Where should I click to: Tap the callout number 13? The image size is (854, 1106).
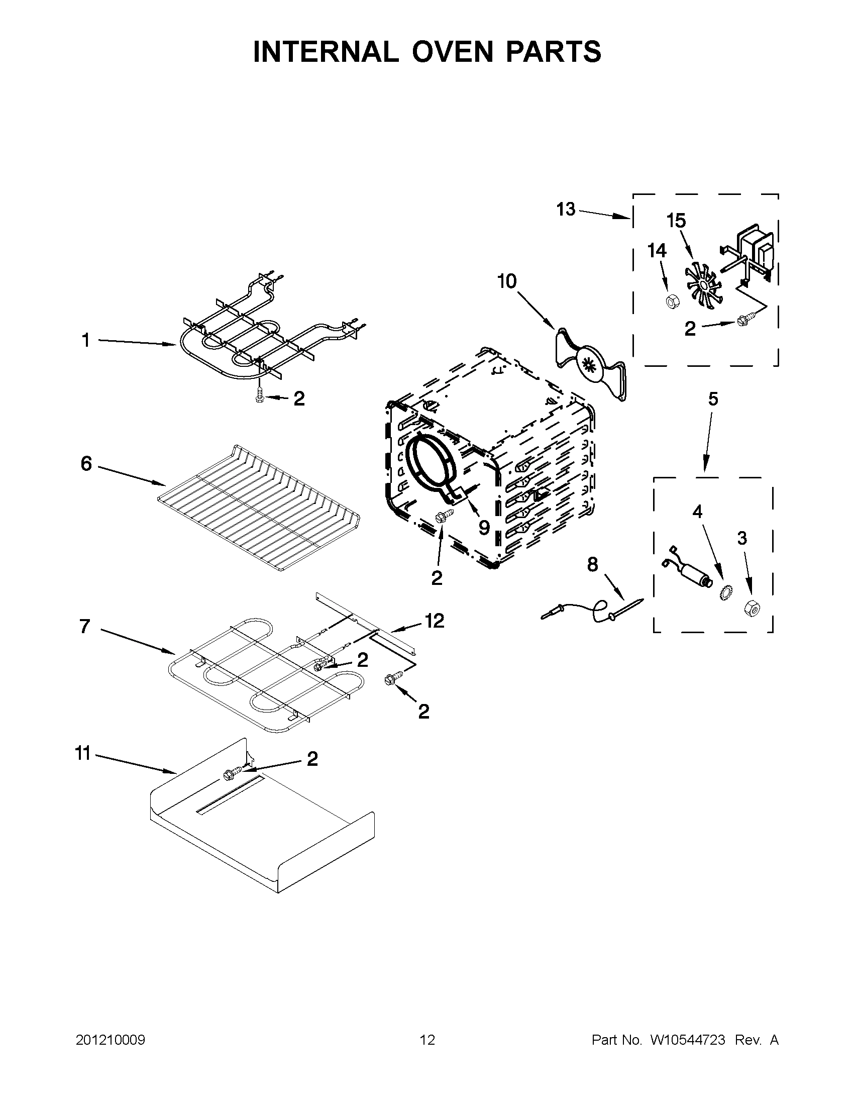click(x=566, y=209)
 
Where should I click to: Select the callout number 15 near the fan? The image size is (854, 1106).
click(x=676, y=221)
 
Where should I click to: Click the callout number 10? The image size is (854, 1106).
click(x=507, y=281)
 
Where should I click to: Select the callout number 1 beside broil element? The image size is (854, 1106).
click(x=85, y=340)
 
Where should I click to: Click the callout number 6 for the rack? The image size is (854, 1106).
click(x=86, y=463)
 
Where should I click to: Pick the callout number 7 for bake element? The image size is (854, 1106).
click(x=85, y=627)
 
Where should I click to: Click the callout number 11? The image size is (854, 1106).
click(x=83, y=754)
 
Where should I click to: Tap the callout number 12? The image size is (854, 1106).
click(x=435, y=621)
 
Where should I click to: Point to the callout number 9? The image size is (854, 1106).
click(x=484, y=528)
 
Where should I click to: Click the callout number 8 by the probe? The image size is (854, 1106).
click(x=592, y=564)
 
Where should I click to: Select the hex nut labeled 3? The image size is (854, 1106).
click(x=750, y=608)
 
